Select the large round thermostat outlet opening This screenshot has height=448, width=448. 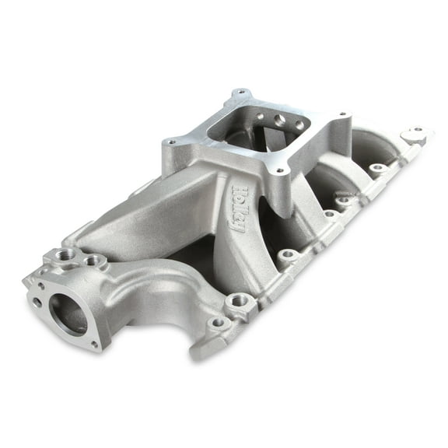coord(68,312)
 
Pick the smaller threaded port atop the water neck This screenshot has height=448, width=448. coord(93,260)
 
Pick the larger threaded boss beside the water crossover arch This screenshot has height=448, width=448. coord(239,299)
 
